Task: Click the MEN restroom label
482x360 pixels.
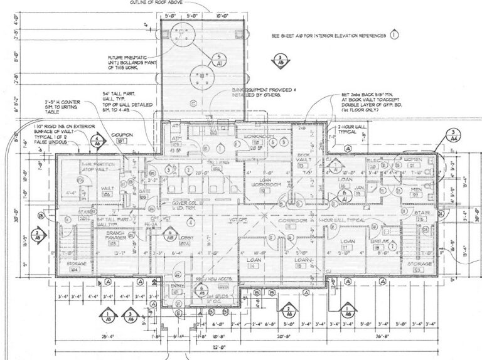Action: pos(415,189)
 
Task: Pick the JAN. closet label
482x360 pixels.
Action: pos(360,188)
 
